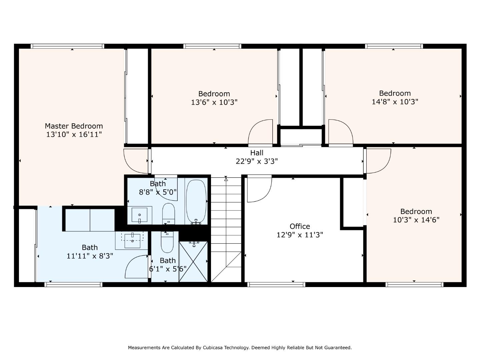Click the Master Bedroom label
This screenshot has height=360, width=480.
74,126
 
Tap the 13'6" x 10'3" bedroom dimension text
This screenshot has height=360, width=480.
214,102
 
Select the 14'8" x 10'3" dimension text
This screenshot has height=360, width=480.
395,102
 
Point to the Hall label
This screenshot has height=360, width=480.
257,153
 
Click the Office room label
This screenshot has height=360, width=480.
300,227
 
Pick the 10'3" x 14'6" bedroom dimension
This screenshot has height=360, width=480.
416,220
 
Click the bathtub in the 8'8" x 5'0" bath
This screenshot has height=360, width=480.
196,201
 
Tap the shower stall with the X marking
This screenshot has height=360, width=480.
193,262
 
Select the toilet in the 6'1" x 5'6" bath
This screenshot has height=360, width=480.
167,242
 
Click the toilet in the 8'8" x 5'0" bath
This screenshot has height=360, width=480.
168,214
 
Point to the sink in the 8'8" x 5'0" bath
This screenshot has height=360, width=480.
140,215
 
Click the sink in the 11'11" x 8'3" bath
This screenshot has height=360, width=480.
133,240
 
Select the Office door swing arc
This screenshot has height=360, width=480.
259,190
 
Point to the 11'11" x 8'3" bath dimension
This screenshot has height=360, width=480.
90,256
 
